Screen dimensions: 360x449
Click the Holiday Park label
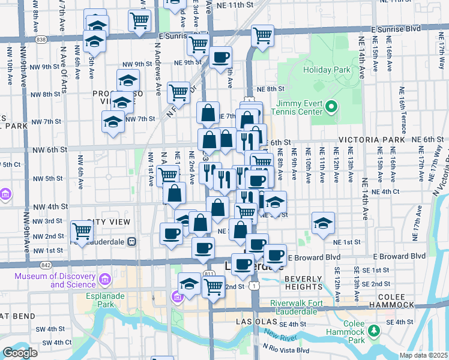[327, 70]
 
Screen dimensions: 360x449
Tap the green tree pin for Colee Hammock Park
[374, 331]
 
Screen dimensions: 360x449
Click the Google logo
[20, 353]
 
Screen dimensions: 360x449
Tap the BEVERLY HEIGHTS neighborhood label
[304, 283]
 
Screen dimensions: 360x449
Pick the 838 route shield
[41, 39]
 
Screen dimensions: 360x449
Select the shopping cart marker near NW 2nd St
[82, 232]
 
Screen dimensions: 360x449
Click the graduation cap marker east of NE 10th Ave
[323, 223]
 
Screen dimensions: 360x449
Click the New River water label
[279, 334]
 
